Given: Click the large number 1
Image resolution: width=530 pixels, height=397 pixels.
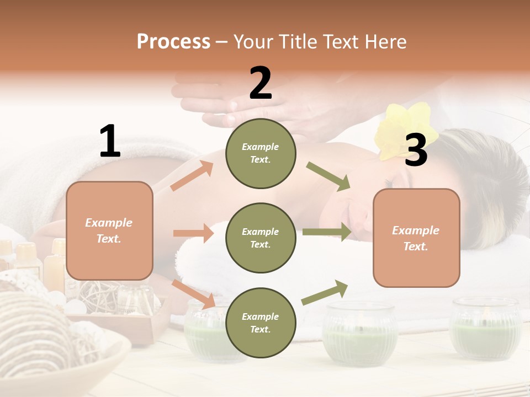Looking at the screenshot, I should [x=110, y=141].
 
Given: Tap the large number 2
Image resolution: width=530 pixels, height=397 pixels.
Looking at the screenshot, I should [x=261, y=83].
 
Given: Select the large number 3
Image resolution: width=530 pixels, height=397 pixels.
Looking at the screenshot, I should [x=416, y=151].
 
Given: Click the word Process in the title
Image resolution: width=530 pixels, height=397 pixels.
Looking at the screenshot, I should [x=173, y=41].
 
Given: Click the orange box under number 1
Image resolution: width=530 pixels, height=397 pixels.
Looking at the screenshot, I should [x=109, y=230].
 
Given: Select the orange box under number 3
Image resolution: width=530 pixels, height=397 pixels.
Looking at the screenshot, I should [x=416, y=238].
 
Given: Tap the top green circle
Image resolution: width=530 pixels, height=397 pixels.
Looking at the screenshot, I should [x=261, y=153].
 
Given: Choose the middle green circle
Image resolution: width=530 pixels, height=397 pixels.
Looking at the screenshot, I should [x=261, y=238].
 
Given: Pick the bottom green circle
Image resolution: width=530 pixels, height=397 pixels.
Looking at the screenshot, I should [x=261, y=323].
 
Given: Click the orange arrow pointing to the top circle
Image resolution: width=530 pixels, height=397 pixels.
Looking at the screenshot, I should [x=192, y=176].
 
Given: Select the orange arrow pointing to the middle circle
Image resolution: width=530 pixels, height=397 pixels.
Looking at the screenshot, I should [x=193, y=233].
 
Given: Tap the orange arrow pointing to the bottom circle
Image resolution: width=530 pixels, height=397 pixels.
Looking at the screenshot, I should [x=193, y=293].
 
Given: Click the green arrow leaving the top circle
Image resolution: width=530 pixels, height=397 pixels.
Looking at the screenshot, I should [x=328, y=176].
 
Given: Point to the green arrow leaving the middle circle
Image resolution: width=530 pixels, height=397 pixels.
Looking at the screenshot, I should [x=326, y=232].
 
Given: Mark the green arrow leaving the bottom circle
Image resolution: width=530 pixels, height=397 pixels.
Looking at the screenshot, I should [x=325, y=292].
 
